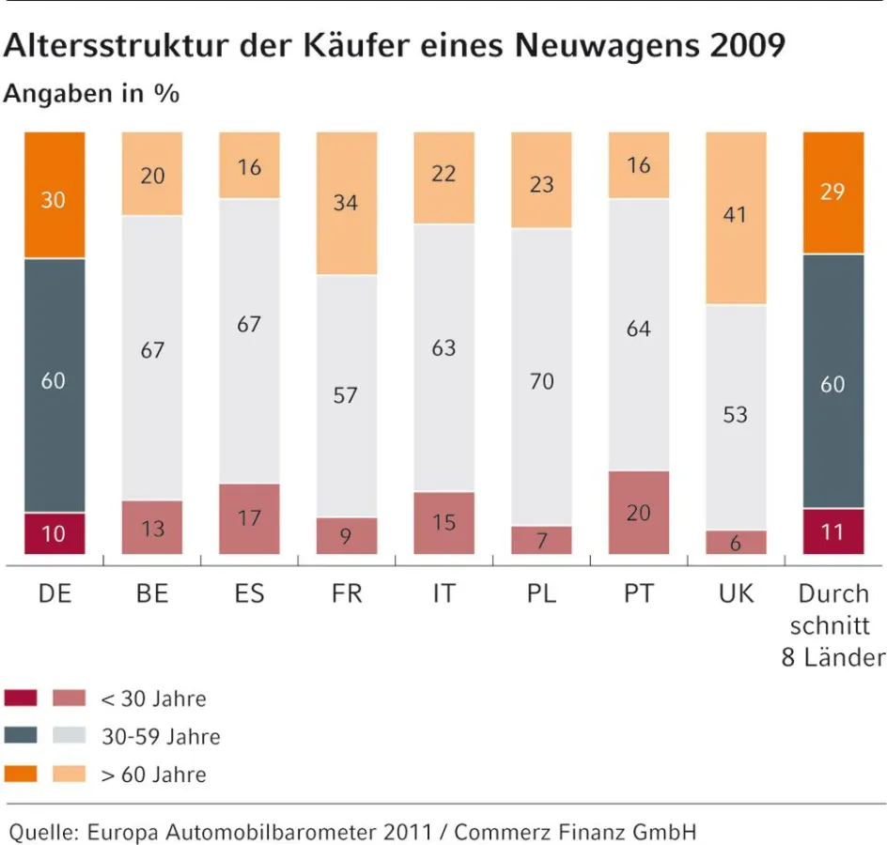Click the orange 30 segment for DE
[54, 199]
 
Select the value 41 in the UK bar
[735, 214]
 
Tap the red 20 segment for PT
[638, 513]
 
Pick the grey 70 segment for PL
[541, 381]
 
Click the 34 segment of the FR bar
[346, 202]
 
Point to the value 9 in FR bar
[346, 537]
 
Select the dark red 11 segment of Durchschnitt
[833, 532]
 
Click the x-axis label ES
[249, 594]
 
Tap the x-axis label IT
[443, 594]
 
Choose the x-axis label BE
[151, 594]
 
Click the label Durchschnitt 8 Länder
[832, 624]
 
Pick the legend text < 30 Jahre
[153, 699]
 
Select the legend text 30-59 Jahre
[161, 737]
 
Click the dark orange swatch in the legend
[21, 775]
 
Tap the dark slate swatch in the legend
[21, 736]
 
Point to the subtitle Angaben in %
[91, 94]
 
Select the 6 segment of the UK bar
[735, 542]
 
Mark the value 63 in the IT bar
[443, 348]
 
